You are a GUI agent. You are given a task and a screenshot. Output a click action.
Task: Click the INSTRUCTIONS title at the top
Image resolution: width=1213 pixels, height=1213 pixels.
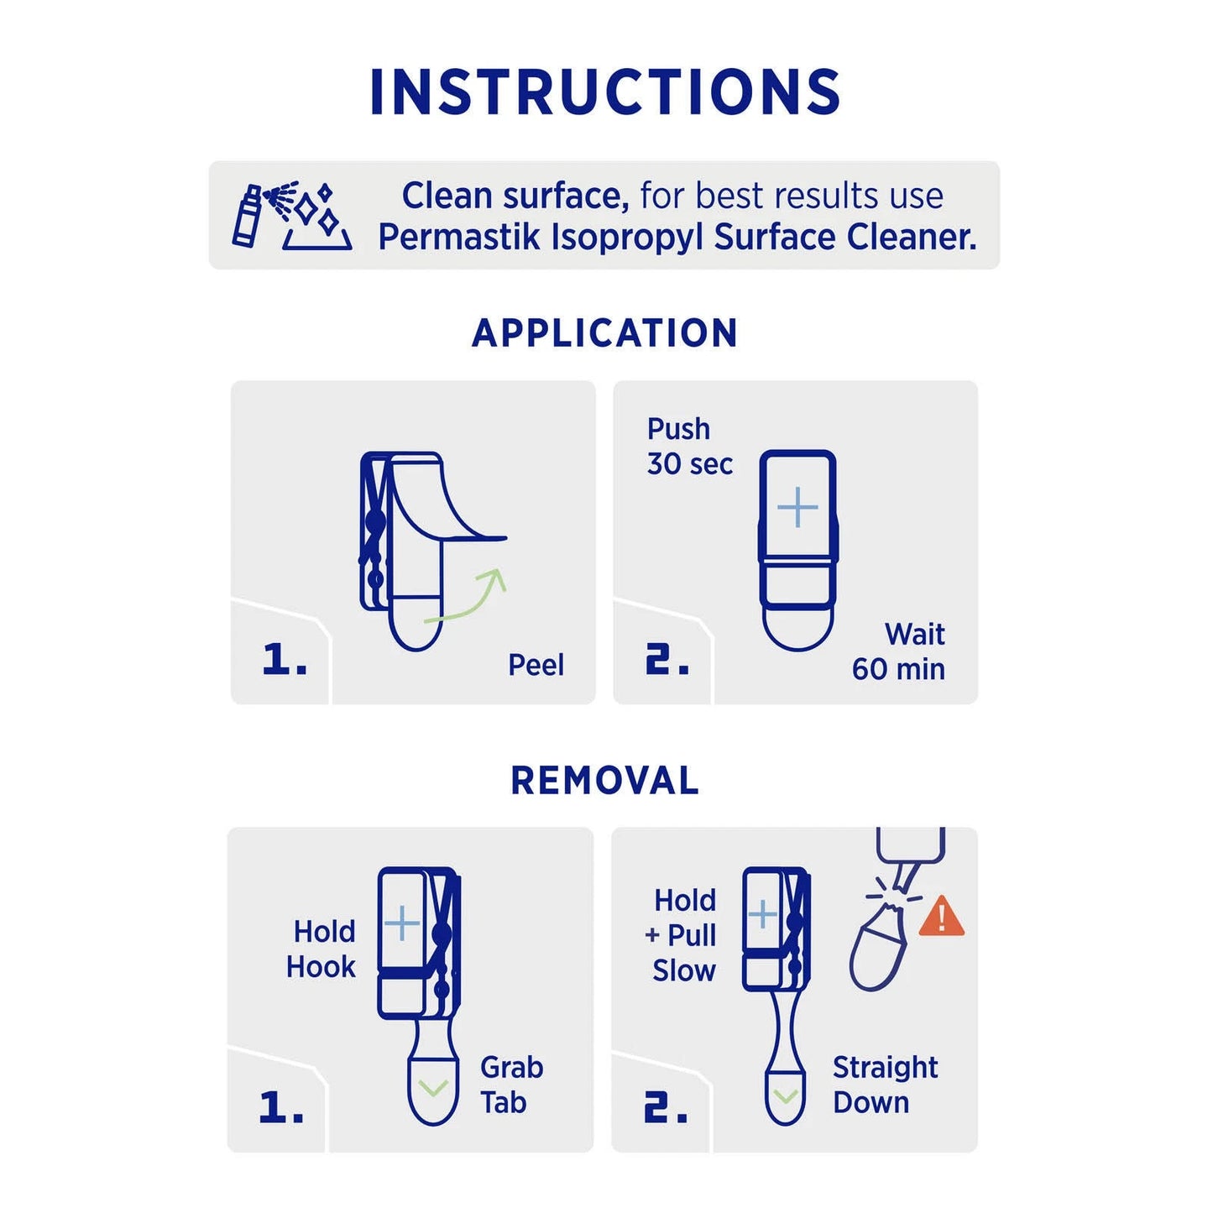click(605, 91)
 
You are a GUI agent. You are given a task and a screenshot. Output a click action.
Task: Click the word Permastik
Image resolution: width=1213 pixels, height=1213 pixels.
click(459, 238)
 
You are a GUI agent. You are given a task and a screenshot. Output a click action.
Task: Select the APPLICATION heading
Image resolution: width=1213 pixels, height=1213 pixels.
click(605, 333)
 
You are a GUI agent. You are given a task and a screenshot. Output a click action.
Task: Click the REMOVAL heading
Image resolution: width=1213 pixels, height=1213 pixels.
click(605, 781)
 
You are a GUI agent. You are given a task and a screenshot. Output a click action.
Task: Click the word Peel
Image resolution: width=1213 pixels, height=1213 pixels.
click(536, 665)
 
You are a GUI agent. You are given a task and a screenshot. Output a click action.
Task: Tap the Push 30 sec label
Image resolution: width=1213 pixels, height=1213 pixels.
click(689, 447)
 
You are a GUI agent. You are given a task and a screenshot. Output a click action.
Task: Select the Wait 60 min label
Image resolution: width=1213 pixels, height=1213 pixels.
click(899, 651)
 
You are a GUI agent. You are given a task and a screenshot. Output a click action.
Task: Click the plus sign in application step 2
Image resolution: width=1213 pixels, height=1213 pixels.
click(797, 507)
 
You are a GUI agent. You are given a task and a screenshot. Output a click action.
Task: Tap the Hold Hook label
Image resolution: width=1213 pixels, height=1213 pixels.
click(322, 949)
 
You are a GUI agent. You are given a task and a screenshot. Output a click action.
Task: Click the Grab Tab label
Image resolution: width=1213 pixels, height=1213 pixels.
click(510, 1085)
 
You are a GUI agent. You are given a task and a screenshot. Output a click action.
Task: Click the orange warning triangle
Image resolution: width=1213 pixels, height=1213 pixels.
click(942, 917)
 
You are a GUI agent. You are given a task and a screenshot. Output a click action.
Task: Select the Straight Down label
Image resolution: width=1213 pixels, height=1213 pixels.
click(885, 1085)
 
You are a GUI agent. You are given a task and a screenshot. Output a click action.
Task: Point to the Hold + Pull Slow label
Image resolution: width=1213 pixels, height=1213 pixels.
click(683, 935)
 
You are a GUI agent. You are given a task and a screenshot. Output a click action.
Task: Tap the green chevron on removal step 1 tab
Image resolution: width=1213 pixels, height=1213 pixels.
click(433, 1089)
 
